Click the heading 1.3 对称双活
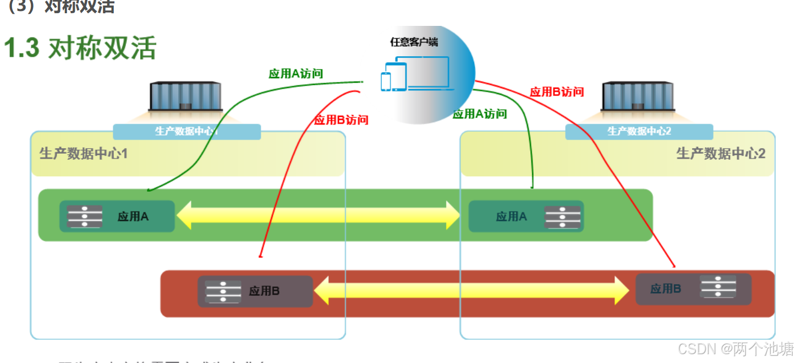(80, 48)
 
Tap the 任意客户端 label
(414, 42)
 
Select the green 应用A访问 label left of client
(295, 74)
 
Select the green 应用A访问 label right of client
(479, 114)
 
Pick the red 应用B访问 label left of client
(341, 120)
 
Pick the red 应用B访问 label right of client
(556, 92)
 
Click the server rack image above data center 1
(185, 97)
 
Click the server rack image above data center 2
(638, 97)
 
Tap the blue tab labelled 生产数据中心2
(639, 132)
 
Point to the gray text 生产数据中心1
(83, 153)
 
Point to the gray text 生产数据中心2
(720, 153)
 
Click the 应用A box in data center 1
(117, 216)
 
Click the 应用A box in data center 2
(525, 216)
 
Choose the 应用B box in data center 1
(255, 291)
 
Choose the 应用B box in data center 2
(693, 289)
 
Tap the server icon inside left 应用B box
(223, 291)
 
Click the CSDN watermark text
(735, 349)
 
